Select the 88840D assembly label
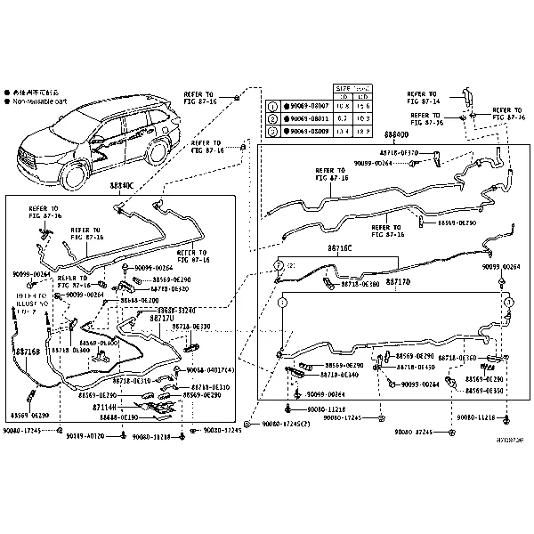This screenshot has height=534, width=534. coord(396,135)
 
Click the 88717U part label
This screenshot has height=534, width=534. coord(161,318)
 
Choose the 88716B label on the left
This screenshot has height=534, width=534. coord(26,352)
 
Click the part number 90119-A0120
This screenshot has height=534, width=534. coord(86,436)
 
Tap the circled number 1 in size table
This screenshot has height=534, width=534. coord(273,104)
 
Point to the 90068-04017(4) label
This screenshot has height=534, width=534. coord(211,369)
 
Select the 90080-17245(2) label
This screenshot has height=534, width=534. coord(286,425)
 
